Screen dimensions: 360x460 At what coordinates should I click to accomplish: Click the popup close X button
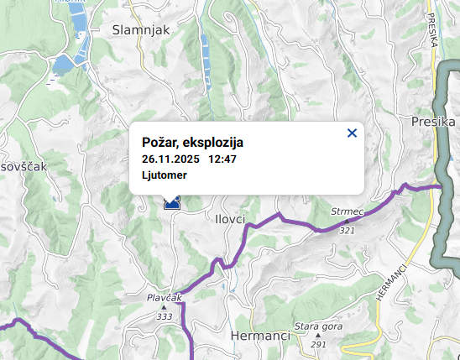[352, 133]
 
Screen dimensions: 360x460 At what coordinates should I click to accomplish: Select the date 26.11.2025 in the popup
[170, 159]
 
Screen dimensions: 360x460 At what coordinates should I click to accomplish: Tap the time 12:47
[222, 159]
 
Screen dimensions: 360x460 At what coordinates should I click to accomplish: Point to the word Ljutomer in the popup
[164, 175]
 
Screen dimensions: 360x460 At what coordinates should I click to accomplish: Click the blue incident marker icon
[173, 202]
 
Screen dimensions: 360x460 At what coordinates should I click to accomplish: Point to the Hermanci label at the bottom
[259, 336]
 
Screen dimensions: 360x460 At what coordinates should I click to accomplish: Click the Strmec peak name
[346, 212]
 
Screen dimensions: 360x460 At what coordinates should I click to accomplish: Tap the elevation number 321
[348, 230]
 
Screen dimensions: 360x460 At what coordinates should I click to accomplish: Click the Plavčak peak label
[164, 297]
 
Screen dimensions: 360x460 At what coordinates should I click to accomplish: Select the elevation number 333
[164, 316]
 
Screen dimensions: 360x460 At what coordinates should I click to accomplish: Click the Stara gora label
[316, 326]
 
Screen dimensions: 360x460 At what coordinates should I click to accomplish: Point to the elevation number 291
[318, 344]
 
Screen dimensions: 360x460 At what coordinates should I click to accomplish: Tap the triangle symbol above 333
[164, 307]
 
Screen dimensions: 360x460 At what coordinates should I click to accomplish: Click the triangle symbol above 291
[318, 335]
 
